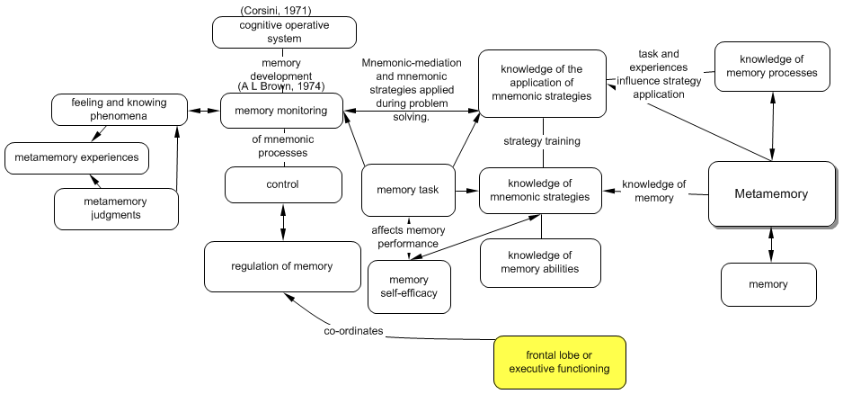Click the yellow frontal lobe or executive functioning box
pyautogui.click(x=559, y=362)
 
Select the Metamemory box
pyautogui.click(x=771, y=193)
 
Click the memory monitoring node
pyautogui.click(x=280, y=111)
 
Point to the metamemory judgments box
pyautogui.click(x=115, y=208)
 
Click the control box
pyautogui.click(x=283, y=184)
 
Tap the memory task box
pyautogui.click(x=408, y=190)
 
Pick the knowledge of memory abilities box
pyautogui.click(x=539, y=263)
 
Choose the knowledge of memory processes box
pyautogui.click(x=772, y=66)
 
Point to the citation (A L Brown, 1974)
pyautogui.click(x=280, y=86)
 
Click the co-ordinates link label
pyautogui.click(x=353, y=332)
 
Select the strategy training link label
pyautogui.click(x=541, y=141)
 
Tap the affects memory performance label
pyautogui.click(x=408, y=237)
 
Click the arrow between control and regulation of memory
pyautogui.click(x=283, y=222)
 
